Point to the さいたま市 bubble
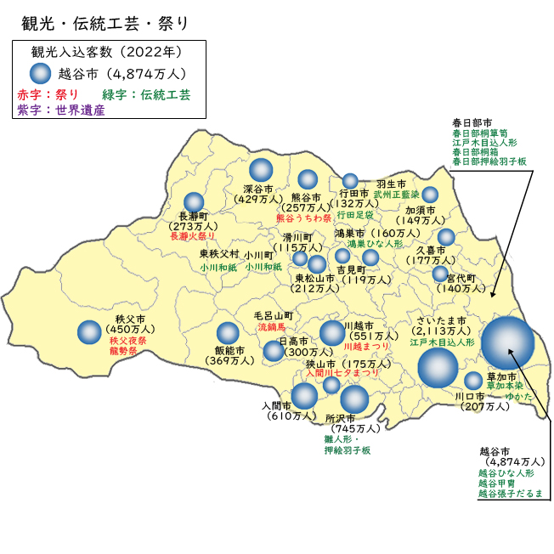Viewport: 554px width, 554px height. pos(438,368)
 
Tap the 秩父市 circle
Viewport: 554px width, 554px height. pos(89,332)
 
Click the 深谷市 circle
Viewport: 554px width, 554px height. pos(261,171)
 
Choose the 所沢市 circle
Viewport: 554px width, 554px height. pos(354,399)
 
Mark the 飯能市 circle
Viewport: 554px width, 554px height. pos(228,334)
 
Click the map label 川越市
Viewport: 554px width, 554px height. pos(359,325)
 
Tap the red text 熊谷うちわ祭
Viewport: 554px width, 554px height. pos(303,218)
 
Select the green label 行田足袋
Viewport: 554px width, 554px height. pos(354,215)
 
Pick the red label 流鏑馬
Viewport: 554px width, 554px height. pos(274,326)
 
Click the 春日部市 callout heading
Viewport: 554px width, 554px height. pos(472,122)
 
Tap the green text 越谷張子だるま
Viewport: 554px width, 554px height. pos(510,493)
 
